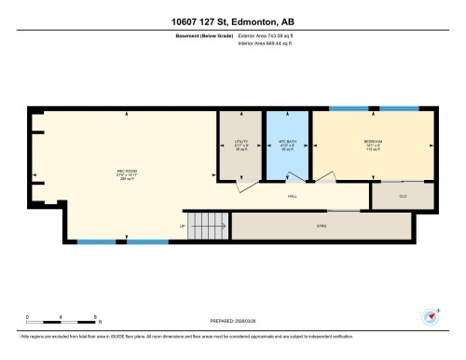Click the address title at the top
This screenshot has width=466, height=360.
232,21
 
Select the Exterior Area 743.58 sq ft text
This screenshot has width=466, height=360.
263,36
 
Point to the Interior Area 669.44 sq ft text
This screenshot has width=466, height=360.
263,43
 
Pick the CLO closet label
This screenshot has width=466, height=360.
403,197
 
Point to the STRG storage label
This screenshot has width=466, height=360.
322,225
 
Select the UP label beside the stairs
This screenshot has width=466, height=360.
183,226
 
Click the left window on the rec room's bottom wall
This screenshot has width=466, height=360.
94,242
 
